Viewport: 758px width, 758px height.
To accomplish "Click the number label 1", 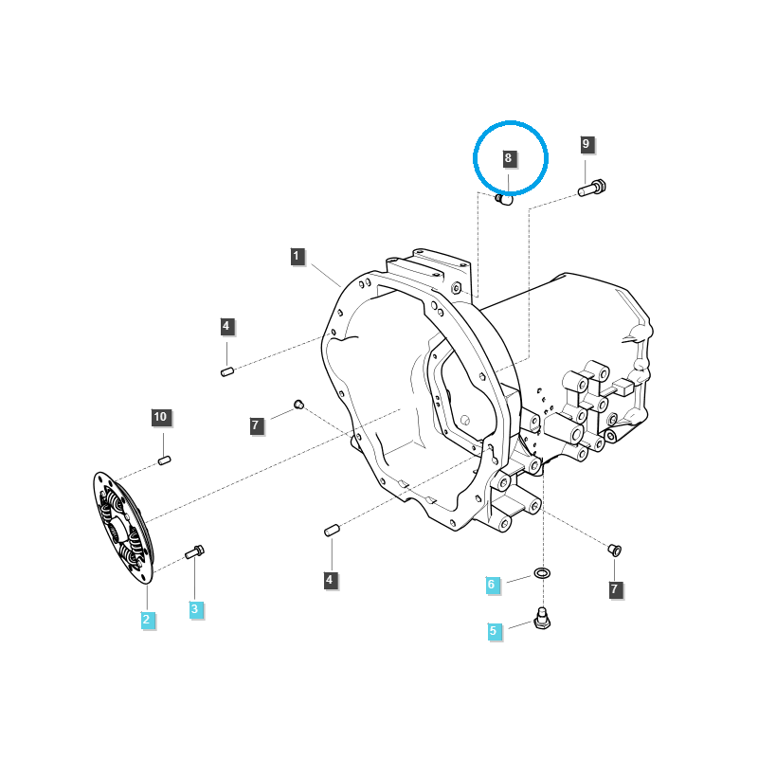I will (x=297, y=256).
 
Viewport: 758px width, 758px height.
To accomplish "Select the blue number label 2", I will (x=147, y=620).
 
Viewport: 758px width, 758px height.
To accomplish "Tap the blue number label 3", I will (x=194, y=609).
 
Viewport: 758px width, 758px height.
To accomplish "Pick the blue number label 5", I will (x=493, y=630).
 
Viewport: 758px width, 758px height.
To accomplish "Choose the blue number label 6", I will (x=491, y=585).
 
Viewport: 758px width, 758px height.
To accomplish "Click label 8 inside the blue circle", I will (x=508, y=158).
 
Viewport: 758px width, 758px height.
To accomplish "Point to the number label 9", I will (x=586, y=144).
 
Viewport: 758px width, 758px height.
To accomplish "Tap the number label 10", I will (x=160, y=417).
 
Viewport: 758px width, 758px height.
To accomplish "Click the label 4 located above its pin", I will (x=226, y=327).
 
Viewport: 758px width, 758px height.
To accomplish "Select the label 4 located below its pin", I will (x=330, y=579).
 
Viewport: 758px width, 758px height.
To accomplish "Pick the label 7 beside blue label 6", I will (x=614, y=589).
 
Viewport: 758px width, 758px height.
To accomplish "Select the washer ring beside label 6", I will (x=543, y=574).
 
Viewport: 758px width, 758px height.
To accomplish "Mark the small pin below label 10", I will (x=163, y=460).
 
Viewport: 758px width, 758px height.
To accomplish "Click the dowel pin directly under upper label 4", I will (x=227, y=371).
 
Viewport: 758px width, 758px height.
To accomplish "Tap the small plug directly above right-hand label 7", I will (x=613, y=549).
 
